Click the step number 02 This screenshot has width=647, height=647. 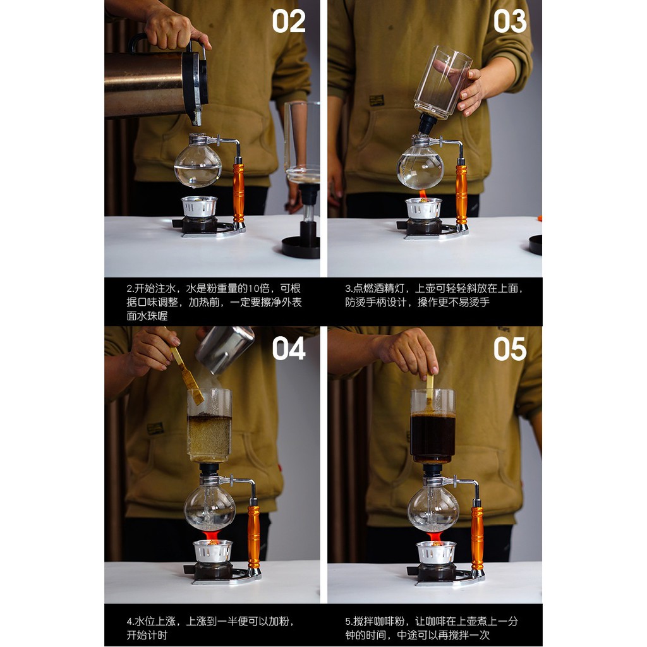288,21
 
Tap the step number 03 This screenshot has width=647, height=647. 510,21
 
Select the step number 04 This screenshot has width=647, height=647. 288,349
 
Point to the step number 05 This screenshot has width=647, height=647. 510,349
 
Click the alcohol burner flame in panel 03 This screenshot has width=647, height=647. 423,194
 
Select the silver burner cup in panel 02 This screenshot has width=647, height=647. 199,207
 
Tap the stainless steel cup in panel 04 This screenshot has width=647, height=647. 225,349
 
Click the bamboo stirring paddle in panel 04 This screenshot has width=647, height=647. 188,375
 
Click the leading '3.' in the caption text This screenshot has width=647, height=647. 349,289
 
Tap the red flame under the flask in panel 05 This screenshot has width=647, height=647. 434,536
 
